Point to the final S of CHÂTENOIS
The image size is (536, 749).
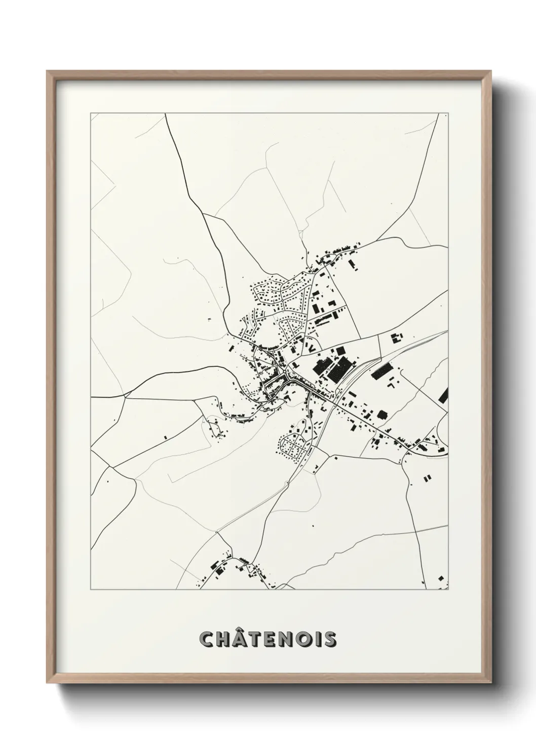click(x=330, y=639)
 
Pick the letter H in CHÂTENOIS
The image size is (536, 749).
click(x=223, y=639)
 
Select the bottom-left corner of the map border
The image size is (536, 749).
click(x=91, y=590)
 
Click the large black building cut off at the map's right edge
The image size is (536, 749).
click(x=445, y=395)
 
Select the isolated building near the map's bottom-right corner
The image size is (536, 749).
click(x=441, y=578)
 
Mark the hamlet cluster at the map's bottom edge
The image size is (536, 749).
click(x=238, y=569)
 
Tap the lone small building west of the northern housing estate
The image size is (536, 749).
click(x=209, y=319)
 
